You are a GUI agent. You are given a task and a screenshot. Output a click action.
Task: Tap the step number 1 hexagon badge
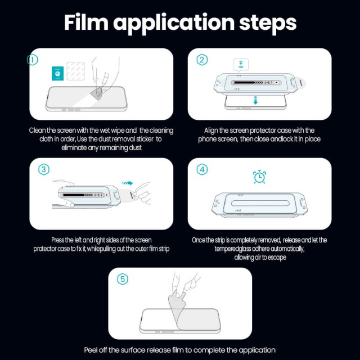33,59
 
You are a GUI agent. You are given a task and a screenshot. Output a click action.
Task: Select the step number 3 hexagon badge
43,169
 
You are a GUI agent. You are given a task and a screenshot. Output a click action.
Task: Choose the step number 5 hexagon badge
123,278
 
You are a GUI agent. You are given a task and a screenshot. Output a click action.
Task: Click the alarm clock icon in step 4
260,177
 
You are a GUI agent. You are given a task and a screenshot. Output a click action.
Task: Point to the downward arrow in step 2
255,101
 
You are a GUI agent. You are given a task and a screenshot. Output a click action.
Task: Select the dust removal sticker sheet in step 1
75,71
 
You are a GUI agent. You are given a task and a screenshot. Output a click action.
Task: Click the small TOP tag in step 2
241,64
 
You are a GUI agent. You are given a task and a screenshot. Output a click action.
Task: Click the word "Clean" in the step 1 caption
39,130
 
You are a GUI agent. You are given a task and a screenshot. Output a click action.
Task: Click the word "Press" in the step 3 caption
60,240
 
